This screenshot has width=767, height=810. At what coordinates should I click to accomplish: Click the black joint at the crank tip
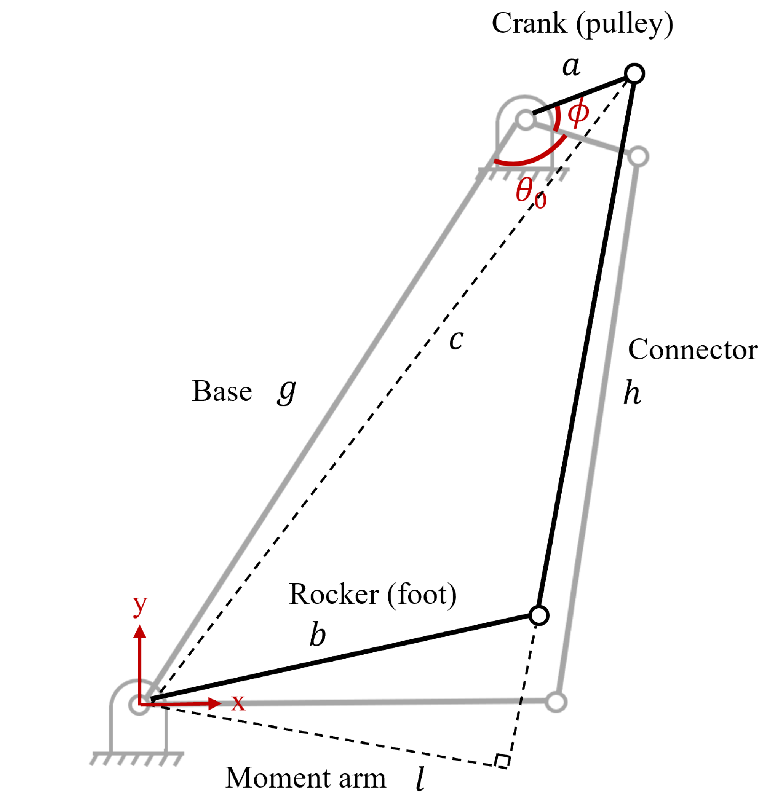click(x=634, y=73)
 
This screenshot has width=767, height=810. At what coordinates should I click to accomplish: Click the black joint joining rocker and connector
click(x=538, y=615)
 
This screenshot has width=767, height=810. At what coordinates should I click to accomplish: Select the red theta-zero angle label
click(x=530, y=193)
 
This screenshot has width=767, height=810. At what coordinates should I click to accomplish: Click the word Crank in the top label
click(x=529, y=23)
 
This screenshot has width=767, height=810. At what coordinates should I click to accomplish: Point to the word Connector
click(x=693, y=350)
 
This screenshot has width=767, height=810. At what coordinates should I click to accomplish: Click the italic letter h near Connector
click(x=632, y=392)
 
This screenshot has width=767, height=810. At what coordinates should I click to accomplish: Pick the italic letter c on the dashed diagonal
click(x=456, y=340)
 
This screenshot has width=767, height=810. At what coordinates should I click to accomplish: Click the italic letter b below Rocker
click(x=317, y=634)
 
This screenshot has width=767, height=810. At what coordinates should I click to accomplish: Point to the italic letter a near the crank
click(x=571, y=66)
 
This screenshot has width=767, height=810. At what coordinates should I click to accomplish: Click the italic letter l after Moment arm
click(x=420, y=778)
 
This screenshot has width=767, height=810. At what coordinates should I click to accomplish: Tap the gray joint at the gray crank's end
click(x=638, y=157)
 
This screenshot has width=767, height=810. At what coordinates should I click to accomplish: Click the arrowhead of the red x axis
click(x=214, y=703)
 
